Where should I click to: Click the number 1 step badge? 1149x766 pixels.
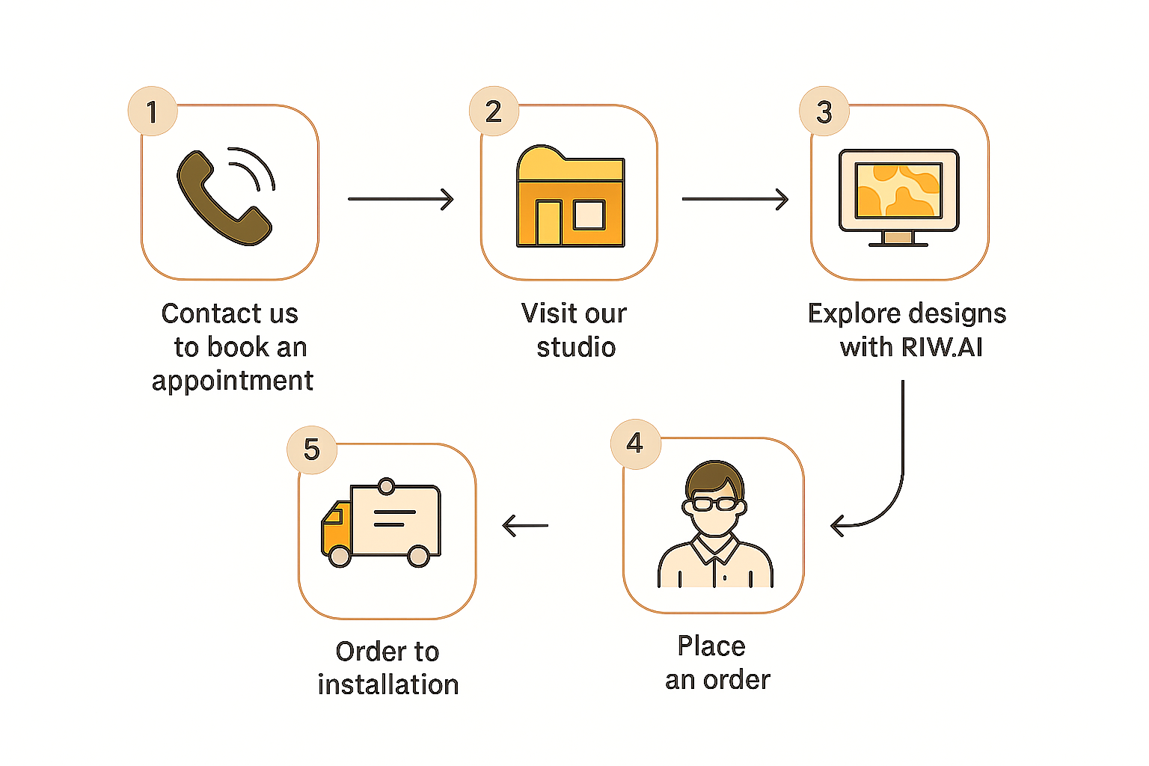153,111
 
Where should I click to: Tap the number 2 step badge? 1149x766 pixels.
494,111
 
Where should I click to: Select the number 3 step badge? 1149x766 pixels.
824,112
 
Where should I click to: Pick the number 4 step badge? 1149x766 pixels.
635,444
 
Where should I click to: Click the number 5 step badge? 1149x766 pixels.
312,450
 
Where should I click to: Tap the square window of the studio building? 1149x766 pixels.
589,215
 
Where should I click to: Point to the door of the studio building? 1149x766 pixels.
548,223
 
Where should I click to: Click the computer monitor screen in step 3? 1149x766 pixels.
898,190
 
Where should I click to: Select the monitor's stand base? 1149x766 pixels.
898,241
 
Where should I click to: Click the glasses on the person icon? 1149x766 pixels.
714,503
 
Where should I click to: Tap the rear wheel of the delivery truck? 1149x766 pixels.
418,556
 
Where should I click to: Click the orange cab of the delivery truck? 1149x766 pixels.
334,527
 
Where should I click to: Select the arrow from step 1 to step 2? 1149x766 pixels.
401,199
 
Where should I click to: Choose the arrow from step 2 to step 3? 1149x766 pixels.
735,199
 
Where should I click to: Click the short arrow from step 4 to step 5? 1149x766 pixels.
525,525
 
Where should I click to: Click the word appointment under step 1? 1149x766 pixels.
233,381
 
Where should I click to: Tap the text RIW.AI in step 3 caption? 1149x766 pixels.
942,347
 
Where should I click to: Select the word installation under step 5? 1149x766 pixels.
387,684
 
